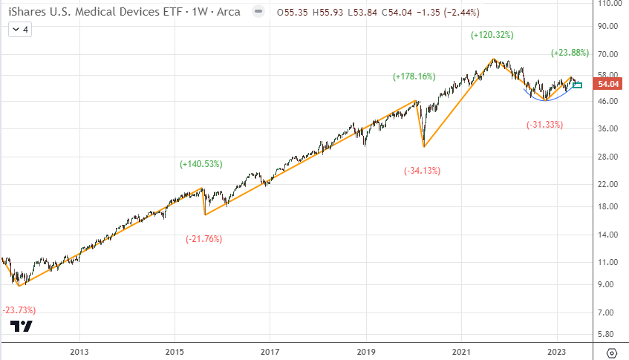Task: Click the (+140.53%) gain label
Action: pyautogui.click(x=201, y=163)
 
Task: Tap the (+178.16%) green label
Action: pyautogui.click(x=414, y=76)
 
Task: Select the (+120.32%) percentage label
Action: pyautogui.click(x=492, y=35)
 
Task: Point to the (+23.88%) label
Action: pyautogui.click(x=570, y=53)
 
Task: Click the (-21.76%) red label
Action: pyautogui.click(x=203, y=239)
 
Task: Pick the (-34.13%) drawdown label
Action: pyautogui.click(x=422, y=171)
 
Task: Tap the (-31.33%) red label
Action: pyautogui.click(x=544, y=124)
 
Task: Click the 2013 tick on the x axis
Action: pyautogui.click(x=79, y=352)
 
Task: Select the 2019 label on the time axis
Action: pyautogui.click(x=365, y=352)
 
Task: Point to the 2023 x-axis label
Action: pyautogui.click(x=556, y=352)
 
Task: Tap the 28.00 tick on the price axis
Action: pyautogui.click(x=609, y=157)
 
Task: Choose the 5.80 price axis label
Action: pyautogui.click(x=609, y=335)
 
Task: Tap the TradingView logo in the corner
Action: pyautogui.click(x=22, y=327)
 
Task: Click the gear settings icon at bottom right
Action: pyautogui.click(x=611, y=352)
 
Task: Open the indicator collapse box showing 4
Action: pyautogui.click(x=20, y=29)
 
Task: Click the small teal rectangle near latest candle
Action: pyautogui.click(x=577, y=85)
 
